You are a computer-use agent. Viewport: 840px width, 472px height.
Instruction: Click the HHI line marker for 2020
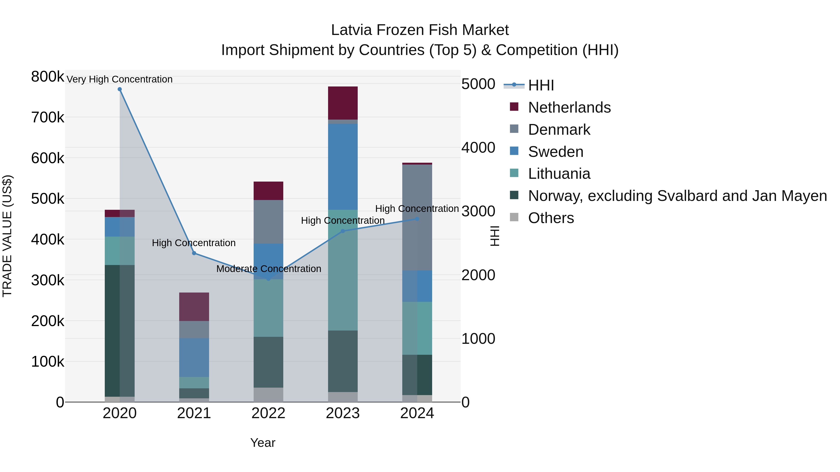(120, 89)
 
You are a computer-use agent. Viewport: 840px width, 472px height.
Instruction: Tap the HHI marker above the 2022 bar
(268, 279)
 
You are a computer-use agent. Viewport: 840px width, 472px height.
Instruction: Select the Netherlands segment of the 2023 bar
(343, 103)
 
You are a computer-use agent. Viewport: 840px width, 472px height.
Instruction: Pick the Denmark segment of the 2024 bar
(417, 217)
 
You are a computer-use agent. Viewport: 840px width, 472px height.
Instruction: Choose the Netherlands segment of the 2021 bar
(194, 307)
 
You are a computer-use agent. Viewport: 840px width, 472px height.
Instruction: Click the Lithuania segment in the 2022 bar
(268, 308)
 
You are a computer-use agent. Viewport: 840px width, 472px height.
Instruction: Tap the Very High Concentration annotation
(119, 79)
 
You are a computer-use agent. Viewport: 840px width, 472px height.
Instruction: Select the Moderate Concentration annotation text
(268, 269)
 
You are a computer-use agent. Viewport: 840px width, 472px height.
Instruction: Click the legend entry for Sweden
(555, 152)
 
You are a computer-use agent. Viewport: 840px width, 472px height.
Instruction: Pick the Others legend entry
(551, 218)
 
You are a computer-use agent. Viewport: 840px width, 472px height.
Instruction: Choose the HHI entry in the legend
(541, 85)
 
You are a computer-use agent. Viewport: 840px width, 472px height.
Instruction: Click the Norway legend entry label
(677, 196)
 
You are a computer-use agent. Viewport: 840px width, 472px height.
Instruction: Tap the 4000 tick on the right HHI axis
(478, 148)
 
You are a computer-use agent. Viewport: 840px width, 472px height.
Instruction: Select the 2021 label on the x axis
(194, 413)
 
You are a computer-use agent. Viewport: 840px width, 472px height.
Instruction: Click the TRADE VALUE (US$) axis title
(7, 236)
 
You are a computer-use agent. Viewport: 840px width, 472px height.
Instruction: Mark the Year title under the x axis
(262, 443)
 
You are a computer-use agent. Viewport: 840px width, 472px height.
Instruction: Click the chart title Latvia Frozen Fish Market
(420, 30)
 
